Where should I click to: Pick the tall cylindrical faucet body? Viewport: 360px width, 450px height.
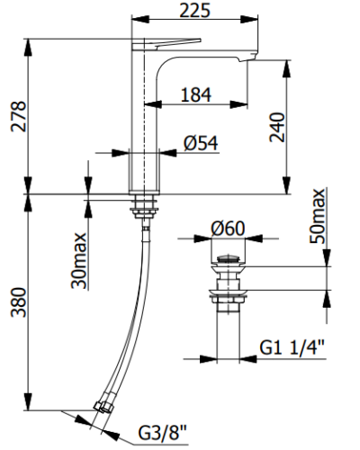pyautogui.click(x=144, y=135)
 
